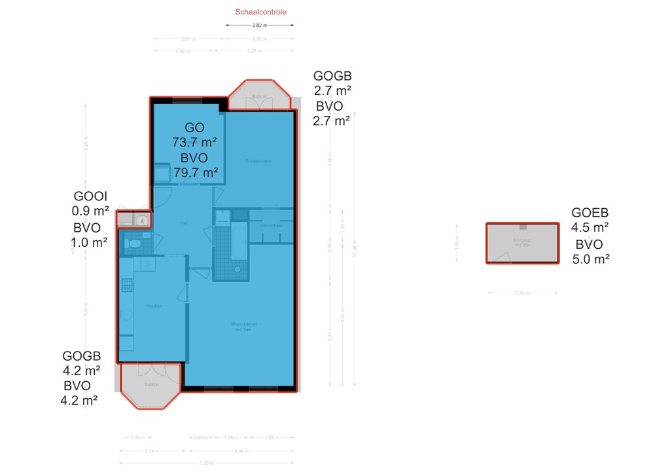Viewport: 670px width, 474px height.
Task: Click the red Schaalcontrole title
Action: pos(260,12)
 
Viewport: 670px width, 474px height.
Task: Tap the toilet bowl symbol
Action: pos(135,244)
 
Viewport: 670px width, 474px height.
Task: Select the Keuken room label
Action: pos(154,306)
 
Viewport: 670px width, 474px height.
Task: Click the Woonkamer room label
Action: pos(243,324)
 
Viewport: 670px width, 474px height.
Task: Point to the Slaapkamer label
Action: pos(258,160)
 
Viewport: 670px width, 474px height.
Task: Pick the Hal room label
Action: pos(185,223)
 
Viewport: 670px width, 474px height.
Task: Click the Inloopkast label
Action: pos(271,226)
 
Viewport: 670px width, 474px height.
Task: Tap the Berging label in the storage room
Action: pos(522,241)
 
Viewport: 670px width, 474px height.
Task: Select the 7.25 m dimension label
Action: pos(206,463)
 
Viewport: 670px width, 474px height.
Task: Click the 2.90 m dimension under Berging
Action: pos(521,293)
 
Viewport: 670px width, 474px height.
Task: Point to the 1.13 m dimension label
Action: pos(137,437)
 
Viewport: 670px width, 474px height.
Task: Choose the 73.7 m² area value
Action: pos(194,142)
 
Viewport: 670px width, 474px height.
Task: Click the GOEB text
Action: pos(590,213)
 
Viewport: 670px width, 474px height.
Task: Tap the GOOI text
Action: pos(90,196)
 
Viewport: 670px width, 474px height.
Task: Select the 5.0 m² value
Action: pos(591,259)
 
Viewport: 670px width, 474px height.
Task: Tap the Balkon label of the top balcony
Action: pos(260,97)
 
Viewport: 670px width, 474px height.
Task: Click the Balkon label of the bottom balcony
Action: pos(152,384)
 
